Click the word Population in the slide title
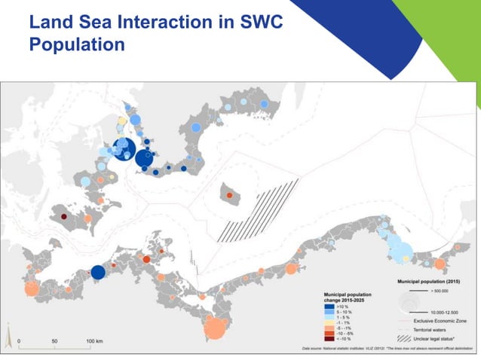[76, 44]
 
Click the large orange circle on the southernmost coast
[215, 328]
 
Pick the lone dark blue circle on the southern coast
[97, 273]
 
